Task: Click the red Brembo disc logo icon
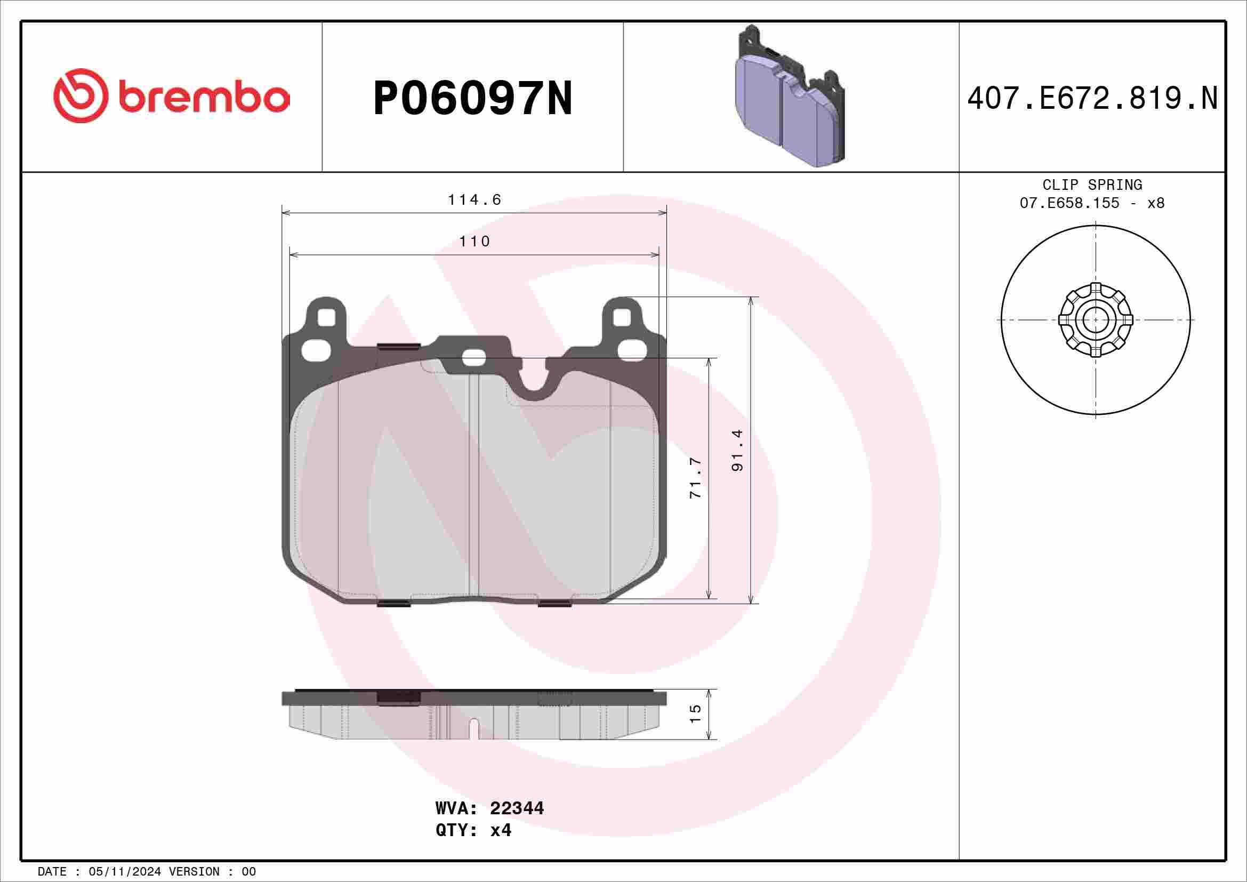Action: (78, 95)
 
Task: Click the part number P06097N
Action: (472, 98)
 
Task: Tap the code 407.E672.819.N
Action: (1092, 99)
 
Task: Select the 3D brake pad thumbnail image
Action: (790, 97)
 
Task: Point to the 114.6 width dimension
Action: (474, 200)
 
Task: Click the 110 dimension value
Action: (474, 241)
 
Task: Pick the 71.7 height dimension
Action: (696, 478)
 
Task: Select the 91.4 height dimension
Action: (737, 450)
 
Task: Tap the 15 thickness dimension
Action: (696, 713)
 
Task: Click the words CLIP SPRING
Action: (1092, 185)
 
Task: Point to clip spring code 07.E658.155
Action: (1069, 203)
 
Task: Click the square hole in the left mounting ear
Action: (326, 318)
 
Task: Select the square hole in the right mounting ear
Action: (622, 318)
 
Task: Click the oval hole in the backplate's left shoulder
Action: (315, 350)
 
